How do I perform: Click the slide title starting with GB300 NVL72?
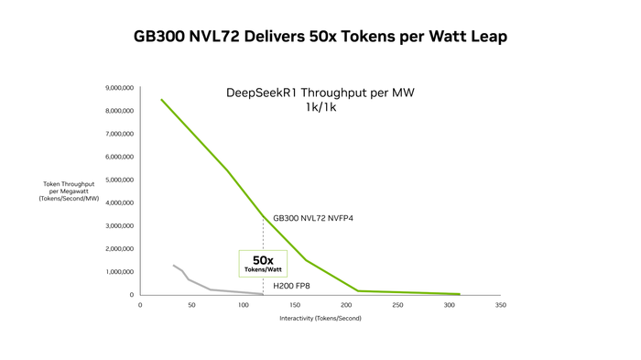(320, 37)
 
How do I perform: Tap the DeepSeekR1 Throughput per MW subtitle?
(320, 93)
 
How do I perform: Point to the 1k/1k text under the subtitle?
(320, 107)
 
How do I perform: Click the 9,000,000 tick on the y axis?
(119, 88)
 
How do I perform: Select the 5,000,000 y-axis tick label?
(119, 180)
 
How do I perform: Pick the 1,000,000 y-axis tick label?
(119, 272)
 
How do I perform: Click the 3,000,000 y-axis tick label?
(119, 226)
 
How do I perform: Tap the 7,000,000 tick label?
(119, 134)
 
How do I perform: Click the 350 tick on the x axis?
(500, 305)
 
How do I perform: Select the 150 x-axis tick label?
(295, 305)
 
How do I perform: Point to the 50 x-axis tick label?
(191, 305)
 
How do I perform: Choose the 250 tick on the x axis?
(397, 305)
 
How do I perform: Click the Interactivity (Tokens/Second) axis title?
(320, 318)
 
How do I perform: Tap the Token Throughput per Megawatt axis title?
(69, 191)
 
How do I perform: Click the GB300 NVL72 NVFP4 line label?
(313, 218)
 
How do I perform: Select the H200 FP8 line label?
(291, 286)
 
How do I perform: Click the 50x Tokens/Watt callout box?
(263, 264)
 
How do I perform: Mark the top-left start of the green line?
(161, 100)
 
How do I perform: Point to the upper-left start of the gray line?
(173, 265)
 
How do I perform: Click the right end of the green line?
(460, 294)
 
